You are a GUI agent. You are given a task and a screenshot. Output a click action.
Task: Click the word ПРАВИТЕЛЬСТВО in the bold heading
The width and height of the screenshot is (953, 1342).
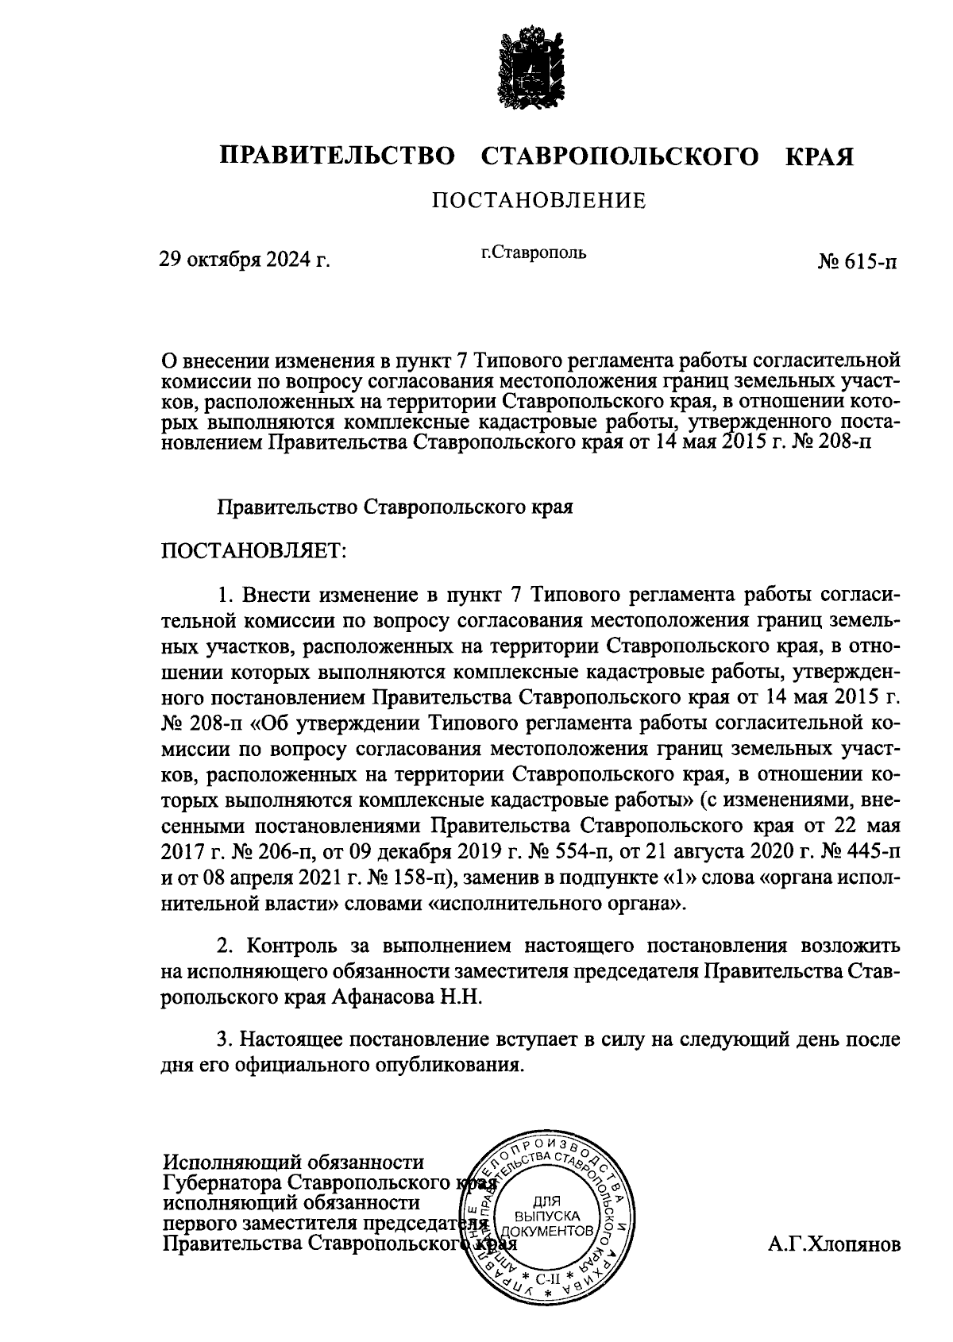[x=338, y=156]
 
